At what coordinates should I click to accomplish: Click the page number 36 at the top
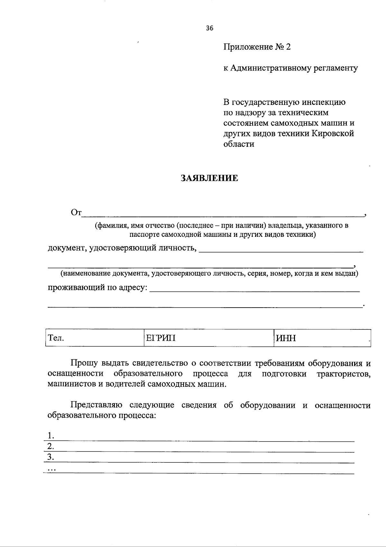pos(209,28)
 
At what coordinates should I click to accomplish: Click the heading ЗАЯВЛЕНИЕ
pos(209,178)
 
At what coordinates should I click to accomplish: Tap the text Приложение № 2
pos(257,47)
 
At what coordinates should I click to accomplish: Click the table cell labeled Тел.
pos(95,338)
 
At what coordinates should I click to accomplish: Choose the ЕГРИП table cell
pos(208,338)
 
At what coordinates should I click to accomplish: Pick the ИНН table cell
pos(322,338)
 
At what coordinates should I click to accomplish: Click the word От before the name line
pos(76,213)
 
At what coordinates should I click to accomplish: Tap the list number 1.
pos(50,436)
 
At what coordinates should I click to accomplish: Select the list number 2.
pos(50,446)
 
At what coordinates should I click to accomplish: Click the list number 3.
pos(50,457)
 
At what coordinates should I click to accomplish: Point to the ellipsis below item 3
pos(51,470)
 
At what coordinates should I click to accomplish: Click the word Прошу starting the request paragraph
pos(84,364)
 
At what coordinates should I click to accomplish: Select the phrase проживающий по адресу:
pos(98,287)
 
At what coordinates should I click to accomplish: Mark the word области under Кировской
pos(239,144)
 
